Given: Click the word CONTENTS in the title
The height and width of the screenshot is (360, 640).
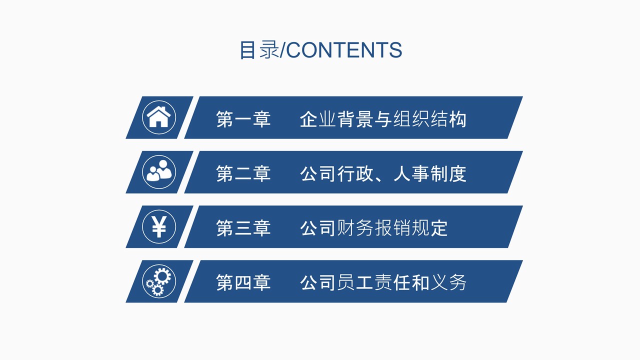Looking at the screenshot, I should click(344, 50).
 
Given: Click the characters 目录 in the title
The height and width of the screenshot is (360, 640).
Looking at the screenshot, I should click(259, 50).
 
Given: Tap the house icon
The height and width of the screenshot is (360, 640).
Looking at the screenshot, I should click(159, 117).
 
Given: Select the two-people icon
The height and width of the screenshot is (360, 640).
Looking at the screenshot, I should click(159, 172).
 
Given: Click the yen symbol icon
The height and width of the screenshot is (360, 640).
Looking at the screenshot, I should click(159, 226).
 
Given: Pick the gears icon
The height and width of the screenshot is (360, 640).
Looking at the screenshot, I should click(159, 281).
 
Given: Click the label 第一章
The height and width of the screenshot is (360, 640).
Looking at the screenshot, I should click(243, 119).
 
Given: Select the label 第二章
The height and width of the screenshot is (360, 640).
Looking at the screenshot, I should click(243, 174).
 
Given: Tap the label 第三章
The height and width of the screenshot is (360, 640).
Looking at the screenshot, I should click(243, 228).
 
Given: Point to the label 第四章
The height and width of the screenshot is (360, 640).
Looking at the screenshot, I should click(243, 283).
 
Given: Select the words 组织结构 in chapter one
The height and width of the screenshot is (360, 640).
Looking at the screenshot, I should click(429, 119).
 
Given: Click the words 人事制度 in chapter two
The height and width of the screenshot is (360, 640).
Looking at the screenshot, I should click(429, 174).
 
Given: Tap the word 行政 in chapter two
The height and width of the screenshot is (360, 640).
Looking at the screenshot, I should click(355, 174).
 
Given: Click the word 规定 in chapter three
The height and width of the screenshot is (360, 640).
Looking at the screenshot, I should click(429, 228).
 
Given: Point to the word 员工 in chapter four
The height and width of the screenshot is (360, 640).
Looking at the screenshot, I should click(355, 283).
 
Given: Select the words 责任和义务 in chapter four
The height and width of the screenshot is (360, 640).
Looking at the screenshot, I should click(420, 283).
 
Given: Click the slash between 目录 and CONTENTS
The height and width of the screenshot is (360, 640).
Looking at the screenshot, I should click(283, 50).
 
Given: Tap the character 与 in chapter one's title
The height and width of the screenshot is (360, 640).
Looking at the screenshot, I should click(383, 119).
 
